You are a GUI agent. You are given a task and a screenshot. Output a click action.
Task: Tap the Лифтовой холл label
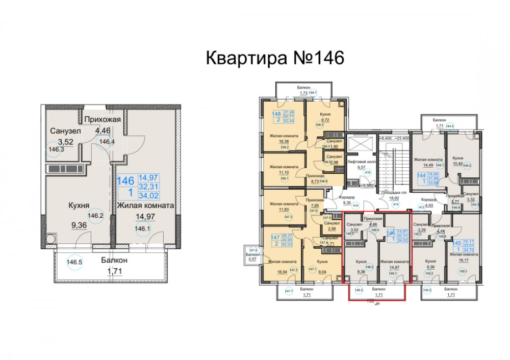click(362, 161)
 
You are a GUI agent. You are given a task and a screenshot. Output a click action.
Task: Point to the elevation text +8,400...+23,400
click(394, 138)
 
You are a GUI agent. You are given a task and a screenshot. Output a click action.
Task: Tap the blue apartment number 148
click(276, 114)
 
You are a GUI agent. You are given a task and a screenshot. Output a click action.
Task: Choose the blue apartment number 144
click(421, 174)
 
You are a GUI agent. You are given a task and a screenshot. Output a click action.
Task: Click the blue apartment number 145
click(457, 244)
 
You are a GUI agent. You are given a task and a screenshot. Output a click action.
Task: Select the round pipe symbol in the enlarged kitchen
click(50, 239)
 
